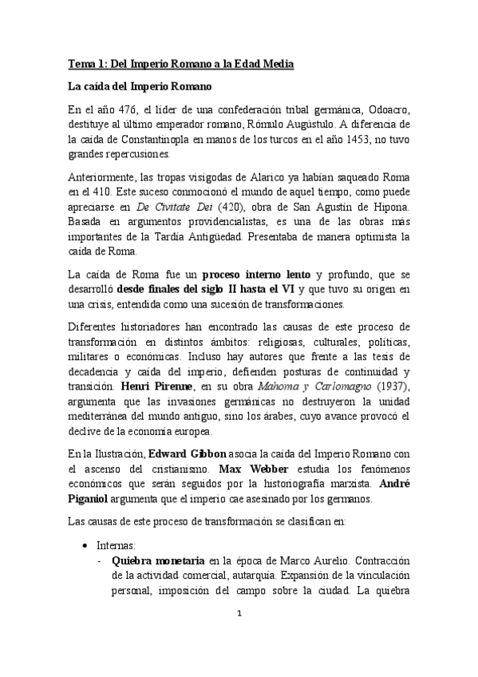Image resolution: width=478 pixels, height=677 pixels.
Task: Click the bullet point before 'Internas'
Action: pyautogui.click(x=85, y=544)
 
